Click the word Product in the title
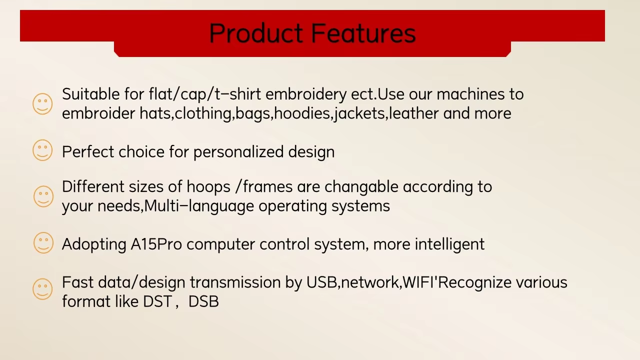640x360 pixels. point(256,33)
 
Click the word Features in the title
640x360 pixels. point(363,33)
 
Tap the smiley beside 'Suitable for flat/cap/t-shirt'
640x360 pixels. point(42,103)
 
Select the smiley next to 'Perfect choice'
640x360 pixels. point(42,150)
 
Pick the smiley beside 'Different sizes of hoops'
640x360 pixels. point(43,196)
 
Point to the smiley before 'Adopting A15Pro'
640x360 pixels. point(43,243)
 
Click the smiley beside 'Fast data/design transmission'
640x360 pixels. point(42,289)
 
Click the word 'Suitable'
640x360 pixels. point(91,94)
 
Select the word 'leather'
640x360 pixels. point(413,113)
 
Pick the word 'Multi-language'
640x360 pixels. point(199,206)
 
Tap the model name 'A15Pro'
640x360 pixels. point(156,244)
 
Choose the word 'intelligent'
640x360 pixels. point(449,245)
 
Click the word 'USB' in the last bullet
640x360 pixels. point(321,282)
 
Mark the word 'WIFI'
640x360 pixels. point(418,282)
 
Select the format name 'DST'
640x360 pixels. point(157,301)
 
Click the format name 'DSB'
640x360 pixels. point(203,301)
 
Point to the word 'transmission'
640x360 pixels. point(235,282)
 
